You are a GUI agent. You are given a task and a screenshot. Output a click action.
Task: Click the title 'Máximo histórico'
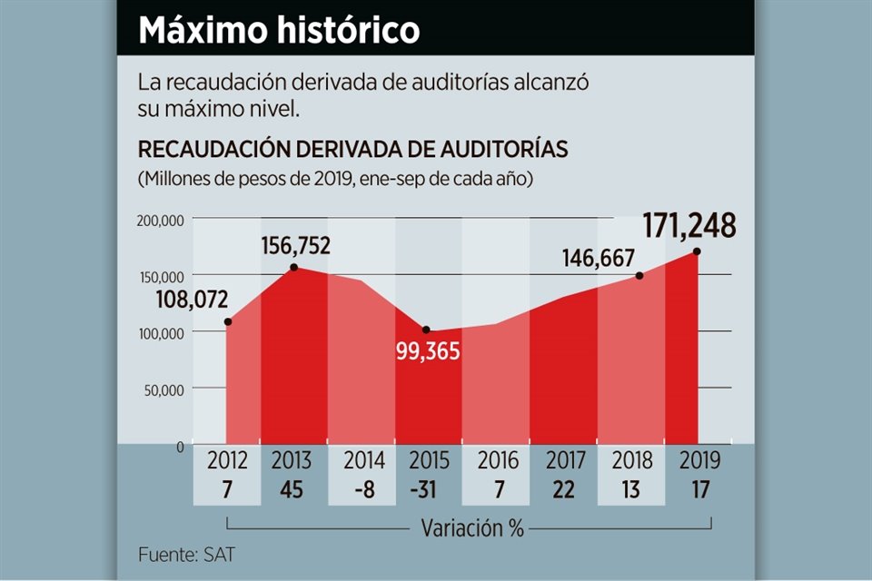tap(279, 30)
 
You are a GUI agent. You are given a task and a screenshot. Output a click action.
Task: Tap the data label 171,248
tap(689, 225)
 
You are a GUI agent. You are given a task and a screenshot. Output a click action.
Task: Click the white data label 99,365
tap(429, 351)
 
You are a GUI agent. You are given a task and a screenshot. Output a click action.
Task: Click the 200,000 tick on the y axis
tap(162, 220)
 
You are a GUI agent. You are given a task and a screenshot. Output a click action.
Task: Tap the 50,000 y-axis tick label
tap(165, 389)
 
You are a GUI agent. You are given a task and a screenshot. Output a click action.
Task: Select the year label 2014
tap(363, 460)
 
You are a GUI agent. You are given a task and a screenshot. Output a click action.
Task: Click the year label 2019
tap(699, 460)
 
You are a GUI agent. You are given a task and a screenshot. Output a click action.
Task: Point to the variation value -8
tap(363, 489)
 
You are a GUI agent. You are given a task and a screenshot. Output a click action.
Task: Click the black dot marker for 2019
tap(697, 251)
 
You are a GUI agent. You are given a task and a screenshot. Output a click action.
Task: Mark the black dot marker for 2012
tap(228, 321)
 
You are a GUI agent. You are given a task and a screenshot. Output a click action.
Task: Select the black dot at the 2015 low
tap(426, 330)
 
